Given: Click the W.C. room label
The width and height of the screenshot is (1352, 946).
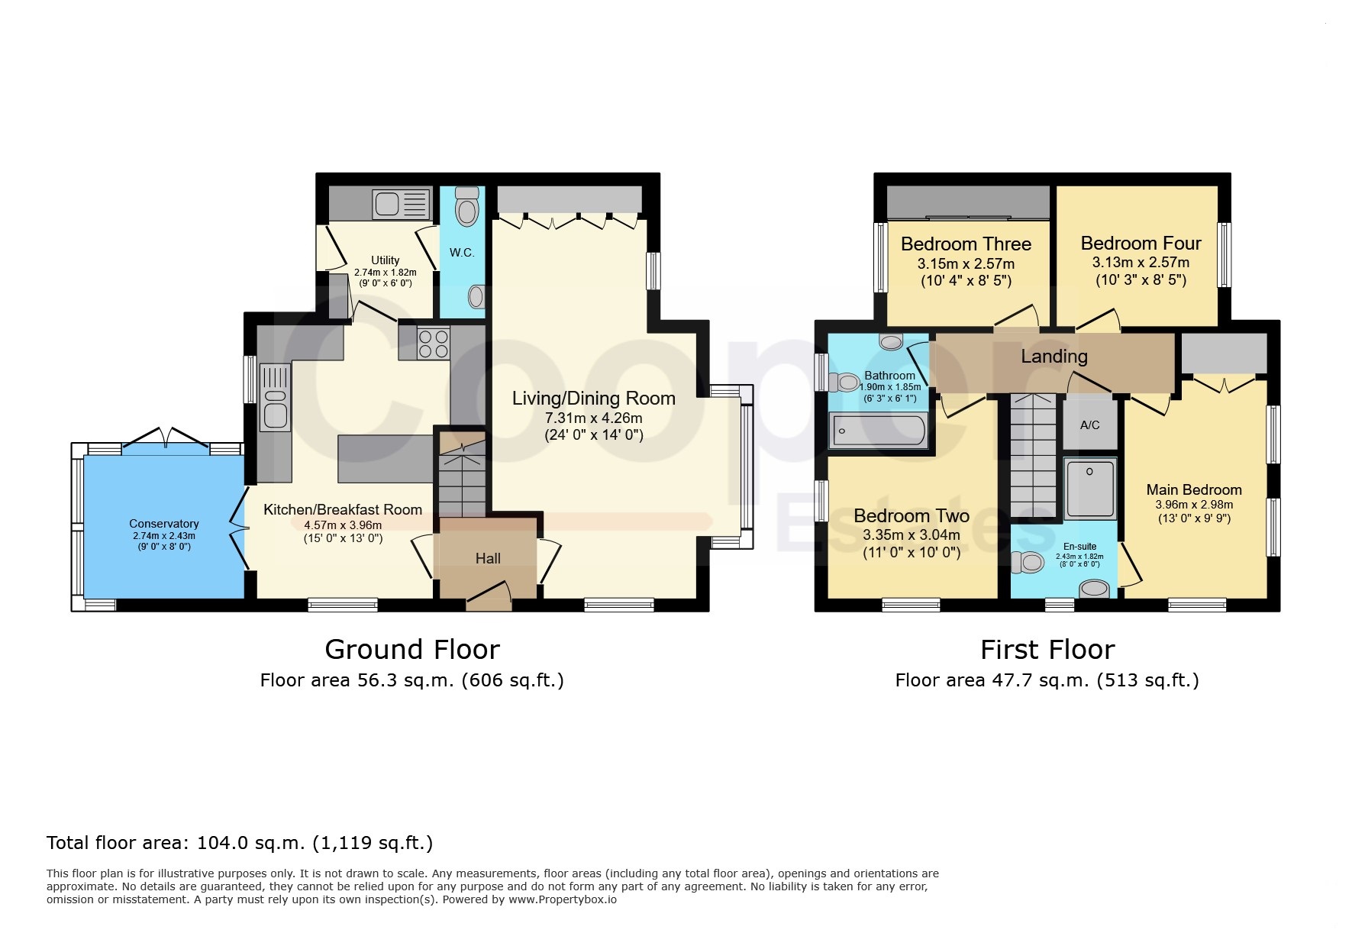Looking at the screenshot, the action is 462,253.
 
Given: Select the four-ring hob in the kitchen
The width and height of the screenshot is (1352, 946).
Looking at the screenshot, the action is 433,343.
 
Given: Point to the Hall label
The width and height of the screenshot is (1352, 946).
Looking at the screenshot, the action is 488,559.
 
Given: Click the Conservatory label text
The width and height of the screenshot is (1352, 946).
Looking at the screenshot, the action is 164,524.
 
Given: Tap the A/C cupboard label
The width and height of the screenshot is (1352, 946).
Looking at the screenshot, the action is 1090,425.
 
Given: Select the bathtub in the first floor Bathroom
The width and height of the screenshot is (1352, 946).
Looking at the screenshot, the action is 878,431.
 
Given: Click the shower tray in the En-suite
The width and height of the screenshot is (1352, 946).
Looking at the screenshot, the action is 1090,488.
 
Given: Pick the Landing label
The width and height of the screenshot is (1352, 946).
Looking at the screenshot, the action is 1054,357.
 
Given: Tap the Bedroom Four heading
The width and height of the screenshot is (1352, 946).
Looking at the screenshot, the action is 1141,244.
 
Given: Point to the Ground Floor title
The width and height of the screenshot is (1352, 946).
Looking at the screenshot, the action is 412,650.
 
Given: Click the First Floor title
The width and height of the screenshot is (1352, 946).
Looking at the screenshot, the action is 1047,650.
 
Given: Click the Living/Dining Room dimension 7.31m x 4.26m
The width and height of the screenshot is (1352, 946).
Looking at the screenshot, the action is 594,418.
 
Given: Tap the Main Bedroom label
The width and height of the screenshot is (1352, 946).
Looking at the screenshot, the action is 1194,490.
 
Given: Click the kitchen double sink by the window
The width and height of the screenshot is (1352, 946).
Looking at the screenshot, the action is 275,397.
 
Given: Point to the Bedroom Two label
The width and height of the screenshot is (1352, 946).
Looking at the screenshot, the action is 912,516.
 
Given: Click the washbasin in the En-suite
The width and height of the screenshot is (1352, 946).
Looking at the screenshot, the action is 1095,589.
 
